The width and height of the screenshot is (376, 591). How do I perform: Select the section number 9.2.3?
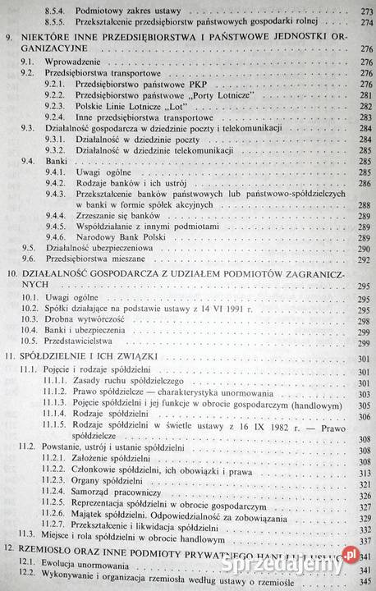[56, 106]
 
